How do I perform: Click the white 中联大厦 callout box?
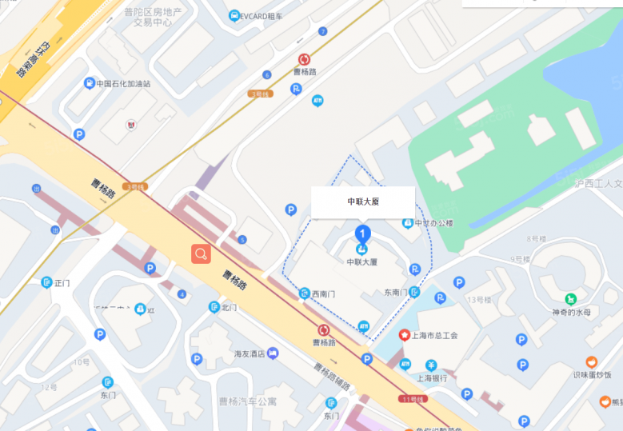pos(362,202)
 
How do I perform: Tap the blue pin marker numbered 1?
pos(362,234)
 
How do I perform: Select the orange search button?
pos(201,254)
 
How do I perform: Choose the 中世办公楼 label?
pos(433,223)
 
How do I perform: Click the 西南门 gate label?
pos(325,293)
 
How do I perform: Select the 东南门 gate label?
pos(395,293)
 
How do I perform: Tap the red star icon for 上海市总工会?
pos(405,335)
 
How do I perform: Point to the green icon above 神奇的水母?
pos(571,298)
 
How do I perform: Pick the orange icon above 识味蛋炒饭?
pos(592,362)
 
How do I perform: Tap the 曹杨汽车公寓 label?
pos(247,401)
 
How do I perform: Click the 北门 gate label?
pos(229,307)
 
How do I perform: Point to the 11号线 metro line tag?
pos(413,398)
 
